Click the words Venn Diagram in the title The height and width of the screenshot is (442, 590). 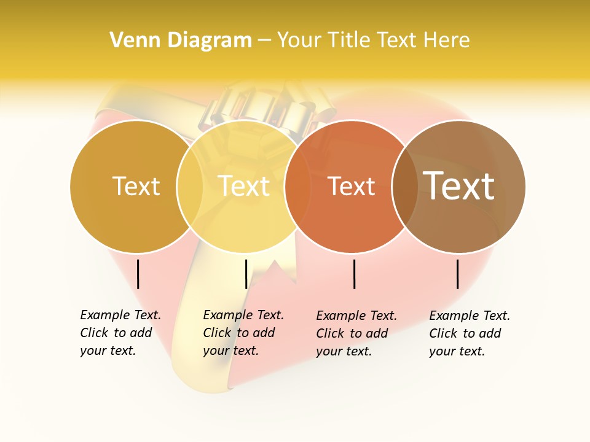[x=181, y=41]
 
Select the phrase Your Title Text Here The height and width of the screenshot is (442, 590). [x=373, y=41]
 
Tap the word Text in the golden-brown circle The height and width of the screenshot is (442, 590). [x=136, y=186]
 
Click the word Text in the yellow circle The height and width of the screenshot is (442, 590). [x=244, y=186]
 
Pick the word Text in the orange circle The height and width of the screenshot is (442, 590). [x=351, y=186]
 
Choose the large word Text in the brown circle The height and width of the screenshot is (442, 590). [x=459, y=186]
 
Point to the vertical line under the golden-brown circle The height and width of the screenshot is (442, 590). [x=138, y=274]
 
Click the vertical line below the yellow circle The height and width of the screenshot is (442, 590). [x=246, y=274]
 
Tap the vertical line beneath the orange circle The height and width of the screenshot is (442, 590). [x=355, y=274]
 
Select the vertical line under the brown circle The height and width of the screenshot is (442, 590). [x=458, y=274]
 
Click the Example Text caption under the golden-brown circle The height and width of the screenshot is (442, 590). [x=120, y=333]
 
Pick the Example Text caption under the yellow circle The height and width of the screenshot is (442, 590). [x=243, y=333]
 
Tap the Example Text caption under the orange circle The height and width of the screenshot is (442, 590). [x=356, y=333]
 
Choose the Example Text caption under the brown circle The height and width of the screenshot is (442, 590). [x=469, y=333]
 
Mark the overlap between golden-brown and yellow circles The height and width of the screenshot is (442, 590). [x=190, y=186]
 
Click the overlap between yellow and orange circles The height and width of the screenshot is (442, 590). [x=297, y=186]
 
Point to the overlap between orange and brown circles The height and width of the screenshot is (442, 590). [x=404, y=186]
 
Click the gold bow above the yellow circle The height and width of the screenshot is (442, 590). [x=264, y=107]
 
